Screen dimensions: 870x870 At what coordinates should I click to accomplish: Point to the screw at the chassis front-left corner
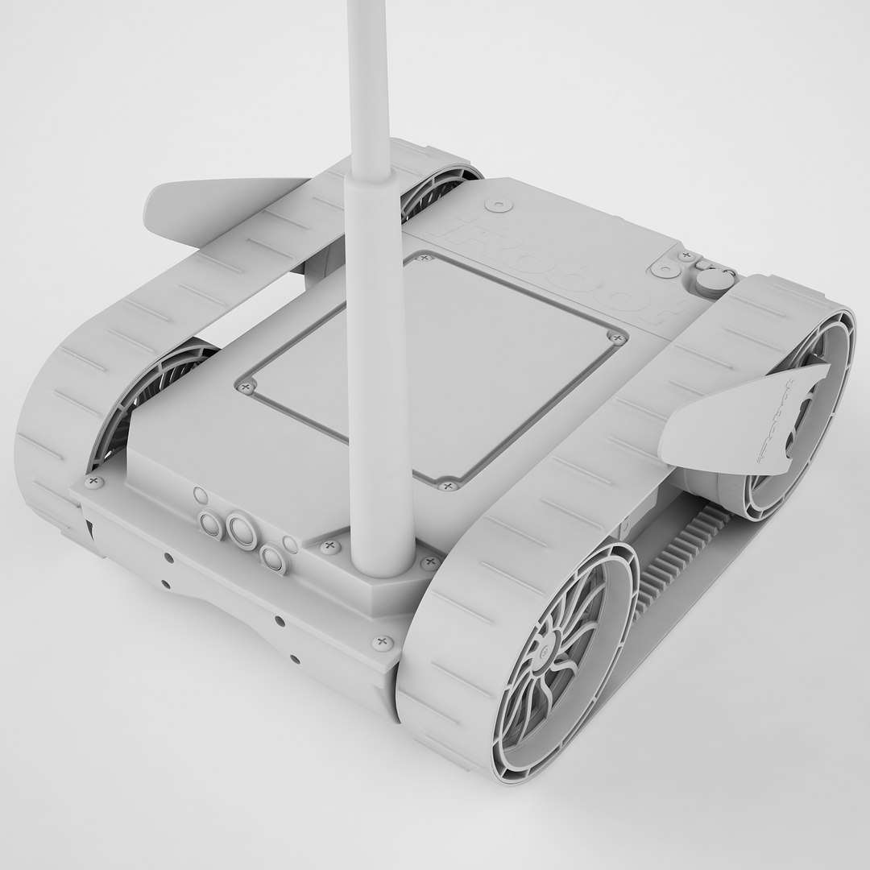[x=94, y=482]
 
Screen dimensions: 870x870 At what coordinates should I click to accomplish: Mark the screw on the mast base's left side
[x=329, y=547]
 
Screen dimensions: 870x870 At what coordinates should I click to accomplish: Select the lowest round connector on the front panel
[x=273, y=558]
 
